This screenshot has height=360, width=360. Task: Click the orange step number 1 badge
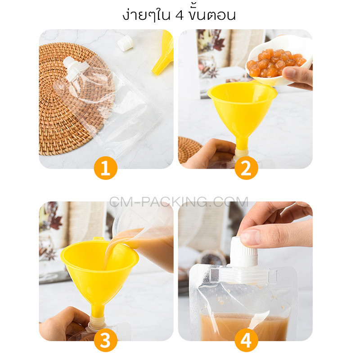click(x=106, y=168)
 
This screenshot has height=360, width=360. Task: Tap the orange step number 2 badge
click(x=246, y=168)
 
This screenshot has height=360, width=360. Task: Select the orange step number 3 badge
click(x=106, y=340)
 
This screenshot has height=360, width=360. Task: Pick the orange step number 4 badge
click(x=246, y=340)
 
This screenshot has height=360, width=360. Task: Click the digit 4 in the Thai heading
click(x=180, y=16)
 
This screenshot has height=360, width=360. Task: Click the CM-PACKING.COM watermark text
click(x=179, y=202)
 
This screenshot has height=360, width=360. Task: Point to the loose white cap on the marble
click(x=126, y=43)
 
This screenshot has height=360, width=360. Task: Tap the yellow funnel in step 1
click(x=163, y=53)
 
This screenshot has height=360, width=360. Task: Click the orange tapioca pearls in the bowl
click(x=275, y=62)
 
